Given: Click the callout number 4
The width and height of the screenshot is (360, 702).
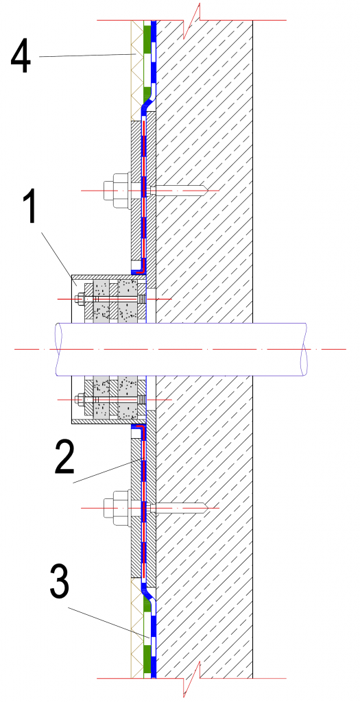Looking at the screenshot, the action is point(21,56).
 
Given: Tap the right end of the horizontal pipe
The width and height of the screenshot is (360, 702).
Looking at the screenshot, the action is point(304,349).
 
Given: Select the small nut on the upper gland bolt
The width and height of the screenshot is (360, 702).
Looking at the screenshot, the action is point(81,298).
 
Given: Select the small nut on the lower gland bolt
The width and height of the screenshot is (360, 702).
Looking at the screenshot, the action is point(81,399).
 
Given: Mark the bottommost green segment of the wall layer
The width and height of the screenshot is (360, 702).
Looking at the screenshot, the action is point(147,665).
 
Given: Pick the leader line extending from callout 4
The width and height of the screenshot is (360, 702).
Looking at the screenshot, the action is point(88,55).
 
